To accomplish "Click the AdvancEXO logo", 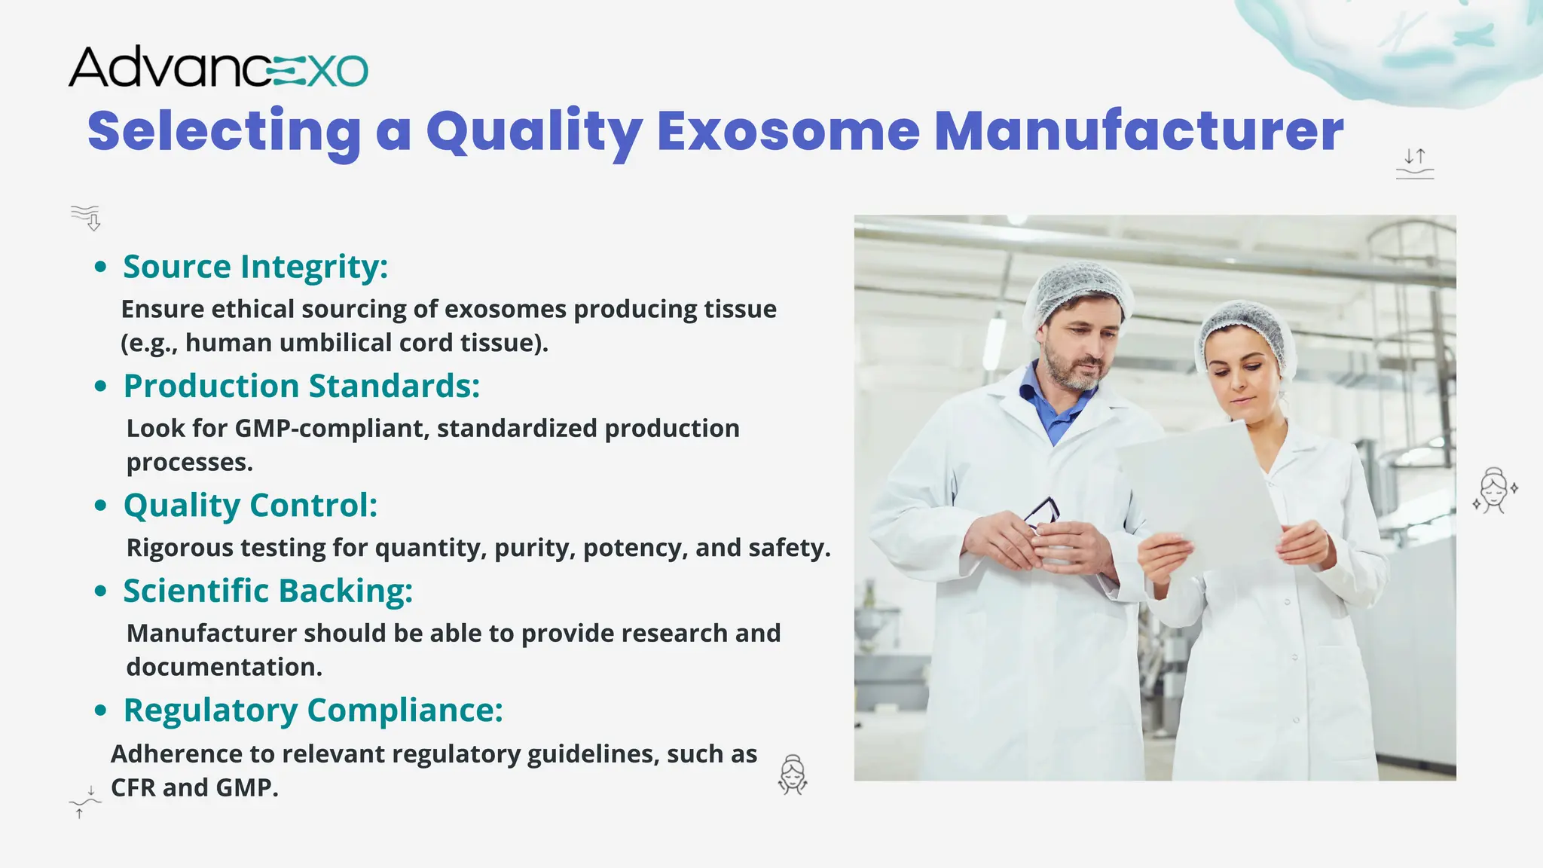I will pyautogui.click(x=218, y=68).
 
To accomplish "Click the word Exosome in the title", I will pyautogui.click(x=788, y=131).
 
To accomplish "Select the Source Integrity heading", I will pyautogui.click(x=255, y=267).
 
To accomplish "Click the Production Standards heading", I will pyautogui.click(x=301, y=386).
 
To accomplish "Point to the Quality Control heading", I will pyautogui.click(x=250, y=505).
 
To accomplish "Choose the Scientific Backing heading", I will pyautogui.click(x=268, y=591).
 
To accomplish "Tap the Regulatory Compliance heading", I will pyautogui.click(x=313, y=710).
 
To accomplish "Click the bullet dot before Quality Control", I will pyautogui.click(x=101, y=506).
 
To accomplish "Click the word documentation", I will pyautogui.click(x=224, y=667).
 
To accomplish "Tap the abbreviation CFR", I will pyautogui.click(x=133, y=787).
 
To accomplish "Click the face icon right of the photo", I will pyautogui.click(x=1495, y=491).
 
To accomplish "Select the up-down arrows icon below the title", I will pyautogui.click(x=1415, y=163).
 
